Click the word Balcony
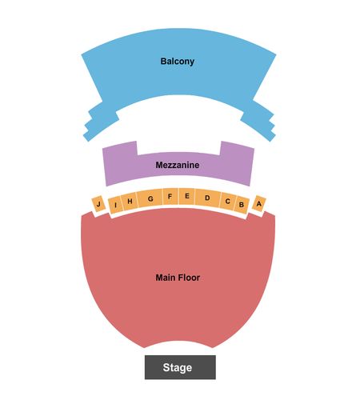[x=178, y=62]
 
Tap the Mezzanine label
[x=178, y=165]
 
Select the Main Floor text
[x=178, y=278]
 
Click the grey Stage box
[x=180, y=367]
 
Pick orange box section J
[x=98, y=204]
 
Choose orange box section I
[x=116, y=205]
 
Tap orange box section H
[x=130, y=201]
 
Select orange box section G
[x=150, y=198]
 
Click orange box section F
[x=170, y=197]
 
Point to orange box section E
[x=187, y=196]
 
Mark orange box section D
[x=208, y=198]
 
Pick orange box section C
[x=228, y=201]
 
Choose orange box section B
[x=242, y=205]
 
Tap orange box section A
[x=258, y=204]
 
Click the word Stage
[x=178, y=367]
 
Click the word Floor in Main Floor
[x=189, y=278]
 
